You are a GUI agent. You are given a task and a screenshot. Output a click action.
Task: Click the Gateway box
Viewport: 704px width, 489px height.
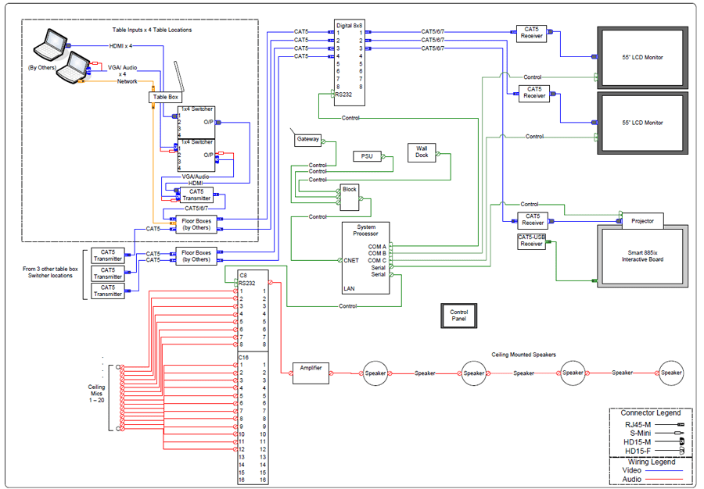(x=307, y=140)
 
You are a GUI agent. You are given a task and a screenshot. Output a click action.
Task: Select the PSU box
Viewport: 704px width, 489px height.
(x=367, y=156)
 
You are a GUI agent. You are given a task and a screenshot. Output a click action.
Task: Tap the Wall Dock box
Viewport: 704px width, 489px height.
(x=422, y=152)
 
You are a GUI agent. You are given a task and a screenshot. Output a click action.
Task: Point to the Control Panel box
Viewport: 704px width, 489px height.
(x=459, y=316)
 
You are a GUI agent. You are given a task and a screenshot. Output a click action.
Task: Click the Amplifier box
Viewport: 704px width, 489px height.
(x=311, y=368)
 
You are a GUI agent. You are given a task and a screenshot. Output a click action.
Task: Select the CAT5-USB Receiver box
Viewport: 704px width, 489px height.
(x=532, y=241)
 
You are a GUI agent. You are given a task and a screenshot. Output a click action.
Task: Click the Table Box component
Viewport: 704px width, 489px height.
(x=163, y=97)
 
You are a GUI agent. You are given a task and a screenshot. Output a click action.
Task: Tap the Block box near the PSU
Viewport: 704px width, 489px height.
(x=349, y=190)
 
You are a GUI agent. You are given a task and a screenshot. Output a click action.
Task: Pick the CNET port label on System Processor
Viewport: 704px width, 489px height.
(x=351, y=261)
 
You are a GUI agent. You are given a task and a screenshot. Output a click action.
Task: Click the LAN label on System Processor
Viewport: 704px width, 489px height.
(x=349, y=288)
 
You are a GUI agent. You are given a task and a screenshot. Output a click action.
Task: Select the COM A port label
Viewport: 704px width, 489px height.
(x=377, y=246)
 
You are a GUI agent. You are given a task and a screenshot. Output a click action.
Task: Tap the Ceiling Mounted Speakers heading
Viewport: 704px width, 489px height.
(x=524, y=355)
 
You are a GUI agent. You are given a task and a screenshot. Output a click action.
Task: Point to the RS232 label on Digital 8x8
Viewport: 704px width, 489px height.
(x=343, y=94)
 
